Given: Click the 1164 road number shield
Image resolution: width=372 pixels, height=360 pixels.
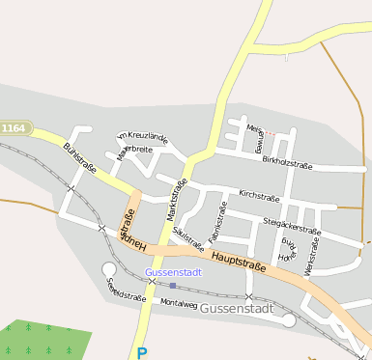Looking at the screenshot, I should tap(14, 127).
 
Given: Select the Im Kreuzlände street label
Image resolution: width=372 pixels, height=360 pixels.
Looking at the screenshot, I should tap(142, 137).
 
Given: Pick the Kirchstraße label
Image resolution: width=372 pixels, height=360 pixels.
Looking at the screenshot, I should tap(259, 196).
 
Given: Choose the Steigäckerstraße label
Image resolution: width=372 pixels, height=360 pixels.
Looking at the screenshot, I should tap(291, 226).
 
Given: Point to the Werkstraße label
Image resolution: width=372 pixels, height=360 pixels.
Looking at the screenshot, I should tap(310, 260).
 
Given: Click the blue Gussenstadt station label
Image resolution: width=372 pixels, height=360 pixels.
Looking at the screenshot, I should tap(173, 273).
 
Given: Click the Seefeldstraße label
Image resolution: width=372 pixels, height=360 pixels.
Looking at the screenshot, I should tap(127, 290).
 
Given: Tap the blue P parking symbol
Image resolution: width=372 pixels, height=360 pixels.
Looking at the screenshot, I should tap(142, 353).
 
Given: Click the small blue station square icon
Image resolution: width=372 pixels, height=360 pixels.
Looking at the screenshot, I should tap(172, 285).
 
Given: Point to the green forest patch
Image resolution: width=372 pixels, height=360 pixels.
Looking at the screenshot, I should tap(43, 338).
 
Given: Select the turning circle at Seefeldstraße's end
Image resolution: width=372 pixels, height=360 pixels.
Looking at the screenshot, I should tap(108, 269).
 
